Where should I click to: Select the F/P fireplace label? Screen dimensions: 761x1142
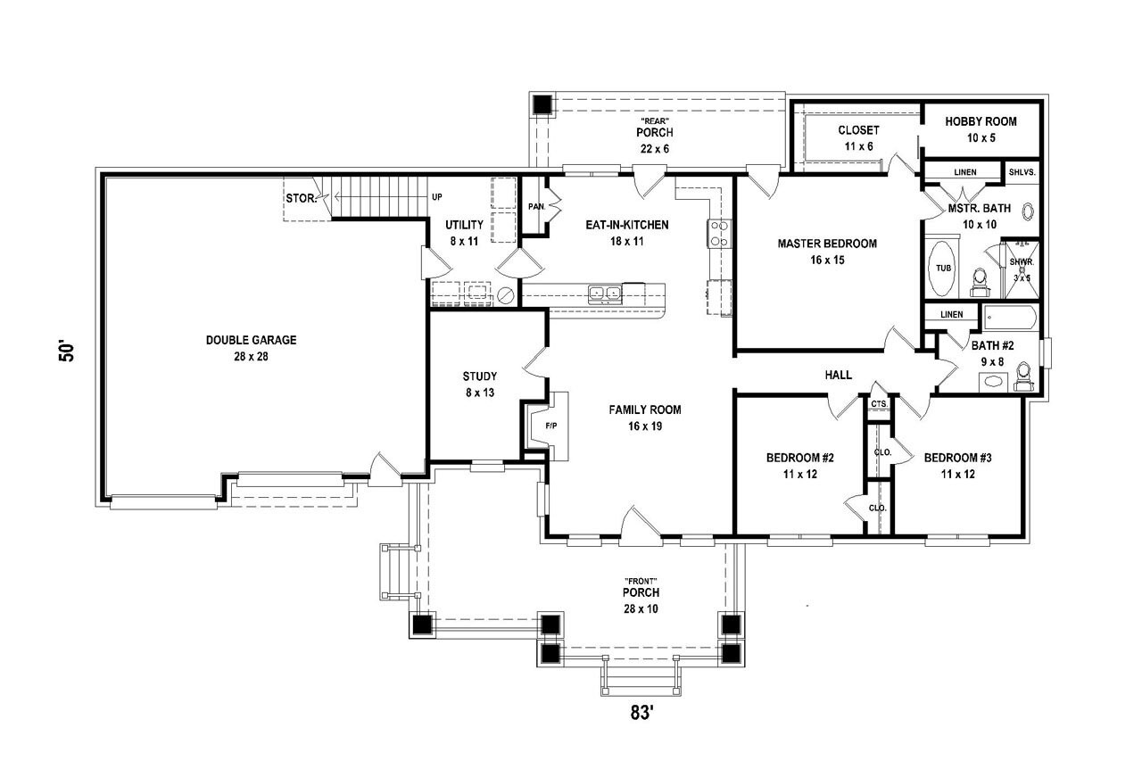pyautogui.click(x=550, y=426)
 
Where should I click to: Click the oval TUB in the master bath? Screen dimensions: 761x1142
pyautogui.click(x=942, y=268)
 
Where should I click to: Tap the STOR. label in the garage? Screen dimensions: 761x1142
pyautogui.click(x=301, y=198)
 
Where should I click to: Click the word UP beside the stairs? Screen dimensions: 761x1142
pyautogui.click(x=436, y=197)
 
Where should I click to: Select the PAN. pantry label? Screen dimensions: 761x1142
pyautogui.click(x=535, y=206)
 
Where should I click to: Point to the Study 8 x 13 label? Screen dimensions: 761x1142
pyautogui.click(x=480, y=384)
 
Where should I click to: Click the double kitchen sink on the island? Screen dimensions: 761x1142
pyautogui.click(x=606, y=292)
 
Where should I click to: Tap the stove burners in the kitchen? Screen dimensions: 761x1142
pyautogui.click(x=719, y=233)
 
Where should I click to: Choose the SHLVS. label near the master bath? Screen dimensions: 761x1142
pyautogui.click(x=1022, y=172)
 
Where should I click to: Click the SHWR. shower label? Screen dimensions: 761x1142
pyautogui.click(x=1021, y=262)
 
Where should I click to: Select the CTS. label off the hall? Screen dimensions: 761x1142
pyautogui.click(x=879, y=404)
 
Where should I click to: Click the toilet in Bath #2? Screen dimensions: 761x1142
pyautogui.click(x=1023, y=374)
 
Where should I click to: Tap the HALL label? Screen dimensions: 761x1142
pyautogui.click(x=839, y=376)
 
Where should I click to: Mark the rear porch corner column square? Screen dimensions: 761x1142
pyautogui.click(x=542, y=103)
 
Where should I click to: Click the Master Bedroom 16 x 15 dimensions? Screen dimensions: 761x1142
pyautogui.click(x=826, y=261)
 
